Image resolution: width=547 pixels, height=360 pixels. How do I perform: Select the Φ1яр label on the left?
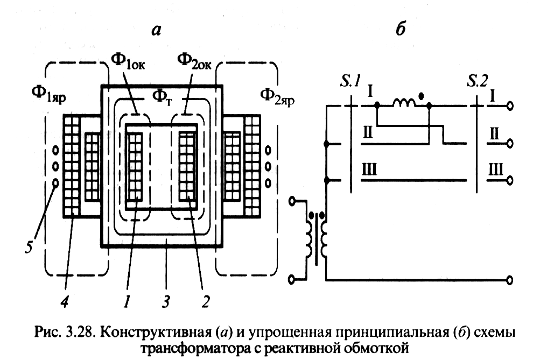(46, 98)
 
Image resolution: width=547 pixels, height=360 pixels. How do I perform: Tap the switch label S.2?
(478, 82)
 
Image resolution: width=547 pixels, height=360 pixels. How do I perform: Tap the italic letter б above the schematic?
(399, 30)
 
